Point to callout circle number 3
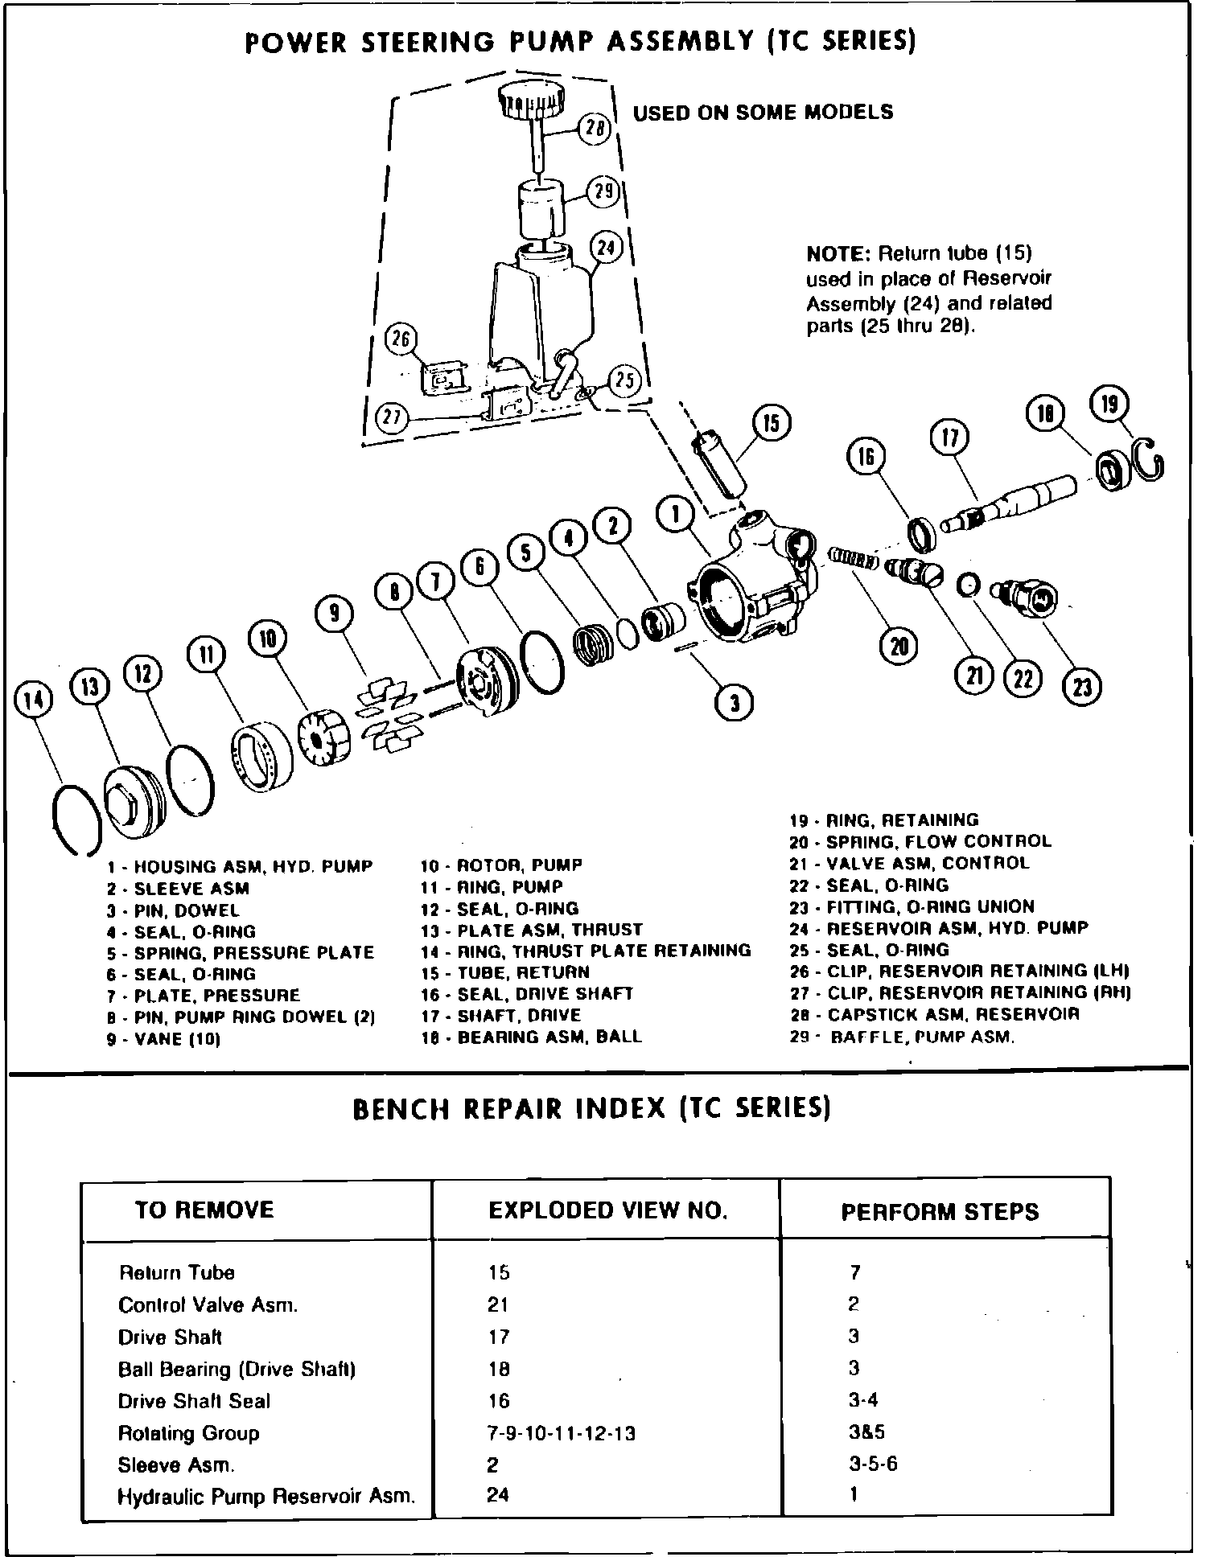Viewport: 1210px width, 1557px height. point(734,703)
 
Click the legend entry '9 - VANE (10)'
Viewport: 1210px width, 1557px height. point(164,1038)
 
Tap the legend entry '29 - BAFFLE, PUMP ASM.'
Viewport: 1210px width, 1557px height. point(902,1037)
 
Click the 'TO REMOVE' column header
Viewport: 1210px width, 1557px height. point(204,1210)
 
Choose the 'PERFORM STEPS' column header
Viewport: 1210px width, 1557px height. point(940,1212)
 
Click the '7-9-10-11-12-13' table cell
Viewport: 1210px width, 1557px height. point(562,1433)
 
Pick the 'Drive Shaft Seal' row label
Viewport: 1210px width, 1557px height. point(194,1401)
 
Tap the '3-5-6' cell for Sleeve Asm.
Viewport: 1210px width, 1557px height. point(873,1464)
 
